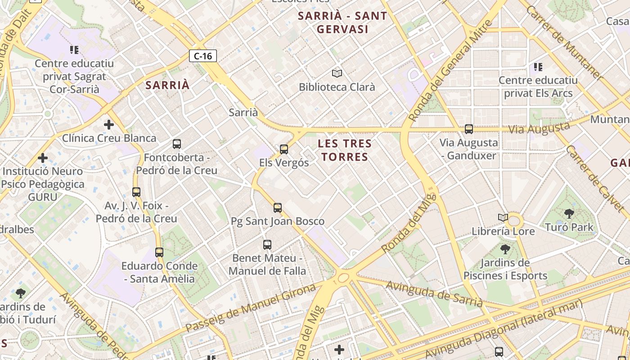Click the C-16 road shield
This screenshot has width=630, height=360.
(203, 56)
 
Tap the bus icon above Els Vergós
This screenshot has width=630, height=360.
(283, 149)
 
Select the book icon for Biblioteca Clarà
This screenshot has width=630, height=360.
(337, 73)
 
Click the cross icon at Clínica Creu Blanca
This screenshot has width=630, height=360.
(108, 125)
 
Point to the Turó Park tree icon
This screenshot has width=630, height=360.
(569, 214)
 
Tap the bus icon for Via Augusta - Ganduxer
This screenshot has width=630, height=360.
(468, 129)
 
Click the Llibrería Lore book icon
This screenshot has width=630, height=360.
(503, 218)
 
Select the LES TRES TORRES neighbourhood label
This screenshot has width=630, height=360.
(345, 150)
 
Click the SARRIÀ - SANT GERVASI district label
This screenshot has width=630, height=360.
(342, 22)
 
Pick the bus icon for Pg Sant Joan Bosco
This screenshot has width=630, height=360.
(278, 207)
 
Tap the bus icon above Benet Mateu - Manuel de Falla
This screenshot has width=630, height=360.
(267, 245)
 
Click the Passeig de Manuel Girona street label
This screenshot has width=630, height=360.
(251, 308)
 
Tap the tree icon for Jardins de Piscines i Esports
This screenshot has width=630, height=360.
(505, 249)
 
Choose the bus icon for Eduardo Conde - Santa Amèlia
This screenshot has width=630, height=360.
(159, 252)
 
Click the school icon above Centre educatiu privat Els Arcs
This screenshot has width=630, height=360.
(538, 67)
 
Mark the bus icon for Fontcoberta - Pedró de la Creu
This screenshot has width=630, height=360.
(177, 144)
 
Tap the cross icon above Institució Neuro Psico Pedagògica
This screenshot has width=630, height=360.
(43, 158)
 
